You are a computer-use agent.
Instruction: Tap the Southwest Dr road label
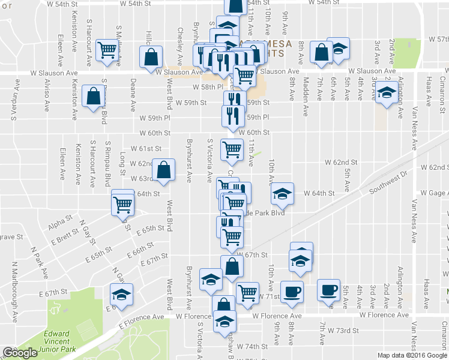point(388,181)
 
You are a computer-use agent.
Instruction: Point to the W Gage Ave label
point(434,193)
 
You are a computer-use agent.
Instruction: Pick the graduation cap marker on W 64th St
point(282,193)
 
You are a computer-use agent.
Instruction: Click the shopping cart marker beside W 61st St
point(232,149)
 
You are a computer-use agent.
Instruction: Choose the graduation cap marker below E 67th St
point(121,295)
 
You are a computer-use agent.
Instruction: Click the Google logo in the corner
point(19,353)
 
